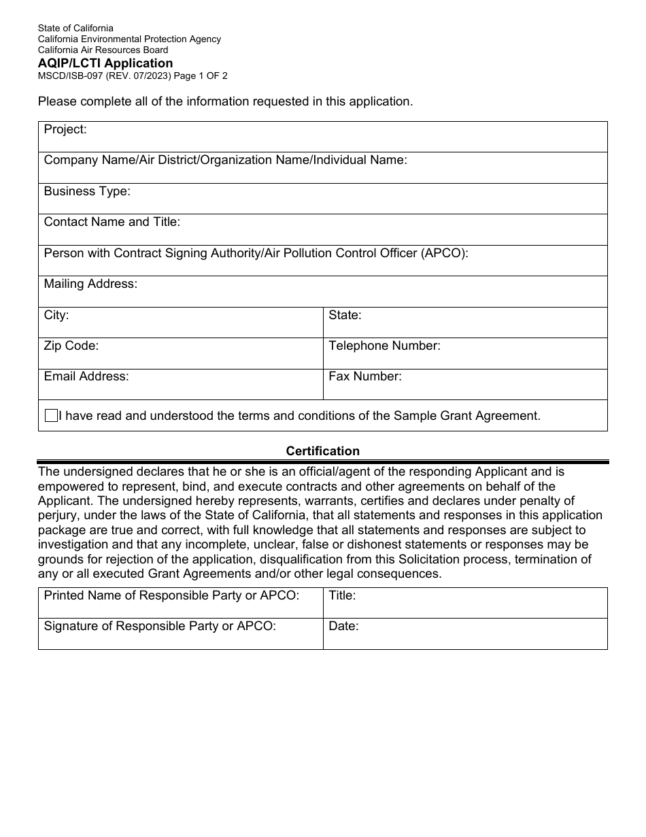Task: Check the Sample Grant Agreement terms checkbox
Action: [x=51, y=416]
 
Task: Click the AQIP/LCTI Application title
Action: [x=105, y=63]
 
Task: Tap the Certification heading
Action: [x=322, y=451]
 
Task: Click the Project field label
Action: [x=65, y=129]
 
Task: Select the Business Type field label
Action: [x=87, y=191]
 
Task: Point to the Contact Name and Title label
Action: [x=112, y=222]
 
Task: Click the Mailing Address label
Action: [x=90, y=284]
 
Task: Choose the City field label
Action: [x=56, y=315]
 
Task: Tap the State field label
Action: [x=345, y=315]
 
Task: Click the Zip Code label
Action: [x=71, y=346]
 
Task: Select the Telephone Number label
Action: [x=384, y=346]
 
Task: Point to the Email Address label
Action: [x=86, y=376]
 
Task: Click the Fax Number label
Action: [x=365, y=376]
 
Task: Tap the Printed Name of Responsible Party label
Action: [x=171, y=595]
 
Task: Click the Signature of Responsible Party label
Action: [x=160, y=626]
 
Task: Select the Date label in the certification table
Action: [x=343, y=626]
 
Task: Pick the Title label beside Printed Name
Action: [x=342, y=595]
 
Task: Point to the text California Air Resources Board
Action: [x=103, y=50]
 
